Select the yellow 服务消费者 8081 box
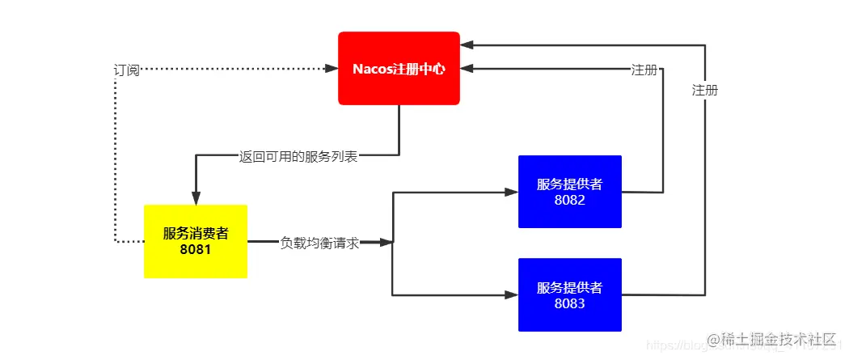(x=196, y=241)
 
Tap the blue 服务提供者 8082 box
(x=569, y=191)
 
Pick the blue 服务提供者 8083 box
(x=569, y=294)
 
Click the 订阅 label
(x=126, y=70)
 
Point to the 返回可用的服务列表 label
(x=298, y=157)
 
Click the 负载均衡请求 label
(x=319, y=242)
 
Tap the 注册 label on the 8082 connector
(x=644, y=70)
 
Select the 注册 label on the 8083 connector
(x=705, y=91)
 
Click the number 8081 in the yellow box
(x=196, y=249)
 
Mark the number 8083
(x=569, y=304)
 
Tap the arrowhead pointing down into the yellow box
(x=196, y=197)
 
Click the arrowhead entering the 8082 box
(x=511, y=192)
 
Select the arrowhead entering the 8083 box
(x=511, y=295)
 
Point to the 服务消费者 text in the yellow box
(x=196, y=233)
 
